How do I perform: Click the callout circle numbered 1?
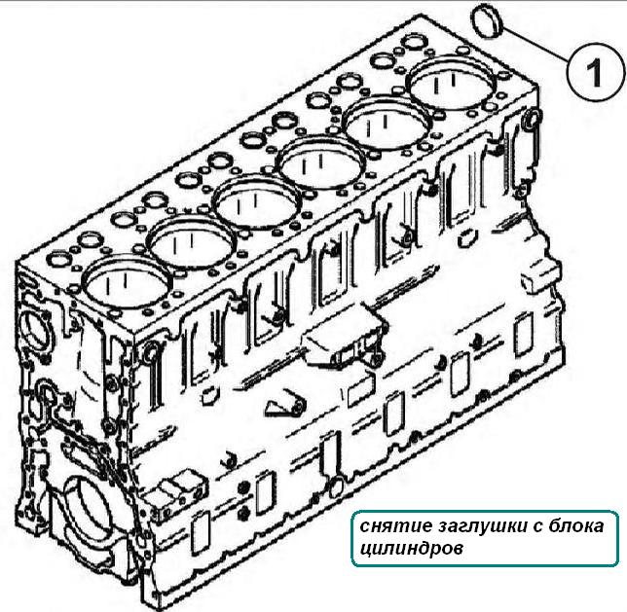(596, 72)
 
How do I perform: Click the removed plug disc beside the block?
(488, 22)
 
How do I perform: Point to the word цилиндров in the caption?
(412, 549)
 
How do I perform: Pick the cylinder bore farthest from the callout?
(127, 284)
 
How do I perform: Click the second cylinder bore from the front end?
(192, 243)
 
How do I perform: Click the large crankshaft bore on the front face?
(89, 513)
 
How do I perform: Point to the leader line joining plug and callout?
(535, 45)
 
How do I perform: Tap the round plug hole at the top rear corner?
(533, 119)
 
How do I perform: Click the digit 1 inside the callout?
(594, 72)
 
